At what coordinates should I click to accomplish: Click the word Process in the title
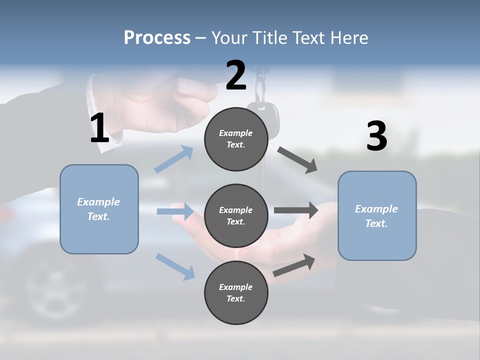tap(157, 37)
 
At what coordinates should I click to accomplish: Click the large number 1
tap(99, 128)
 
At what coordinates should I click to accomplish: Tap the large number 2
tap(236, 75)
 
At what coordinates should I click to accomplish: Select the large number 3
tap(376, 136)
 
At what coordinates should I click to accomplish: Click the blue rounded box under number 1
tap(99, 209)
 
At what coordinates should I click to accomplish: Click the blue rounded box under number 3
tap(377, 216)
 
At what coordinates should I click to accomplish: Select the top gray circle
tap(236, 139)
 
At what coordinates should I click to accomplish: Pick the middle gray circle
tap(236, 215)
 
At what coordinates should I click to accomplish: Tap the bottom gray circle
tap(236, 292)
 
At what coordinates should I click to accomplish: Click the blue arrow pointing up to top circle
tap(174, 159)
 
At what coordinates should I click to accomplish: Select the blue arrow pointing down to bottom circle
tap(175, 266)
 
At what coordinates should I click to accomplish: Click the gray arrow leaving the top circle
tap(297, 160)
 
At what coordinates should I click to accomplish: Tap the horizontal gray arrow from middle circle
tap(296, 210)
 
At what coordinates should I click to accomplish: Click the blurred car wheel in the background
tap(52, 287)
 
